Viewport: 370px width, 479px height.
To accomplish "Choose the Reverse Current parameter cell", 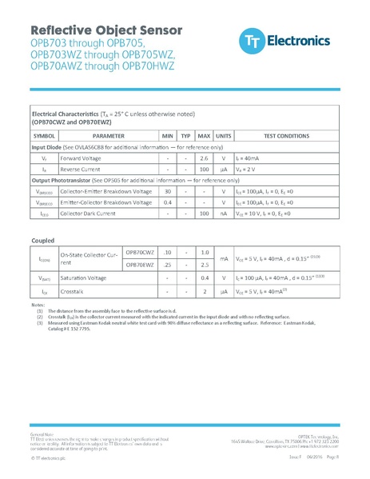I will [82, 170].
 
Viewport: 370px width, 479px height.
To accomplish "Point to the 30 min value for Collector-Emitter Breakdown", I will [168, 192].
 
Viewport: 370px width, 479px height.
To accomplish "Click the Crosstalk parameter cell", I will [73, 291].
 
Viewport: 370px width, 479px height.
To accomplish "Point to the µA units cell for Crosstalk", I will [224, 291].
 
